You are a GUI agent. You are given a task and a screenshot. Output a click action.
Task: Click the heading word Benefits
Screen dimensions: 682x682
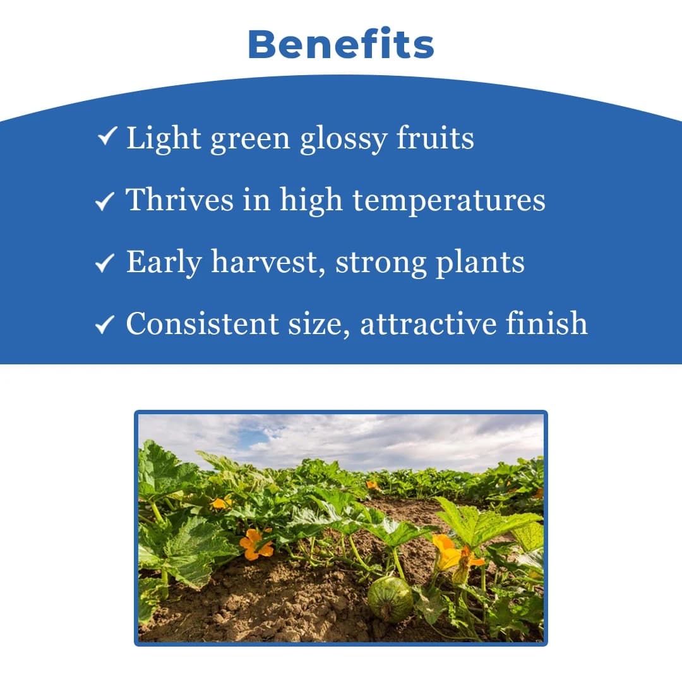(341, 45)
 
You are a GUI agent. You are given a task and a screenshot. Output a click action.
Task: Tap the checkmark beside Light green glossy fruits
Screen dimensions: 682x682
(107, 136)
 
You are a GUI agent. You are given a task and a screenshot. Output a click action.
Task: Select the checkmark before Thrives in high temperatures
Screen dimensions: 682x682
(104, 201)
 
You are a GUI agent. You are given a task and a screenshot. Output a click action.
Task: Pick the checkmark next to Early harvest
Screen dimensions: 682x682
(104, 263)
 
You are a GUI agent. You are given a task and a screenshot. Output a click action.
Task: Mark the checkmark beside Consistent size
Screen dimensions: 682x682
(104, 325)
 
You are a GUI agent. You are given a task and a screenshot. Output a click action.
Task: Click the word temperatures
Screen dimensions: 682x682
(449, 201)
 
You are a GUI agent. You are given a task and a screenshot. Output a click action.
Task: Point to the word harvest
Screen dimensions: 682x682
(268, 262)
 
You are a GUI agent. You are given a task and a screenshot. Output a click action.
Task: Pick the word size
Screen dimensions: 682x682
(321, 323)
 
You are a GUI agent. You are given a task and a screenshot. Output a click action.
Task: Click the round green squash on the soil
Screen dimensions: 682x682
(390, 599)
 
